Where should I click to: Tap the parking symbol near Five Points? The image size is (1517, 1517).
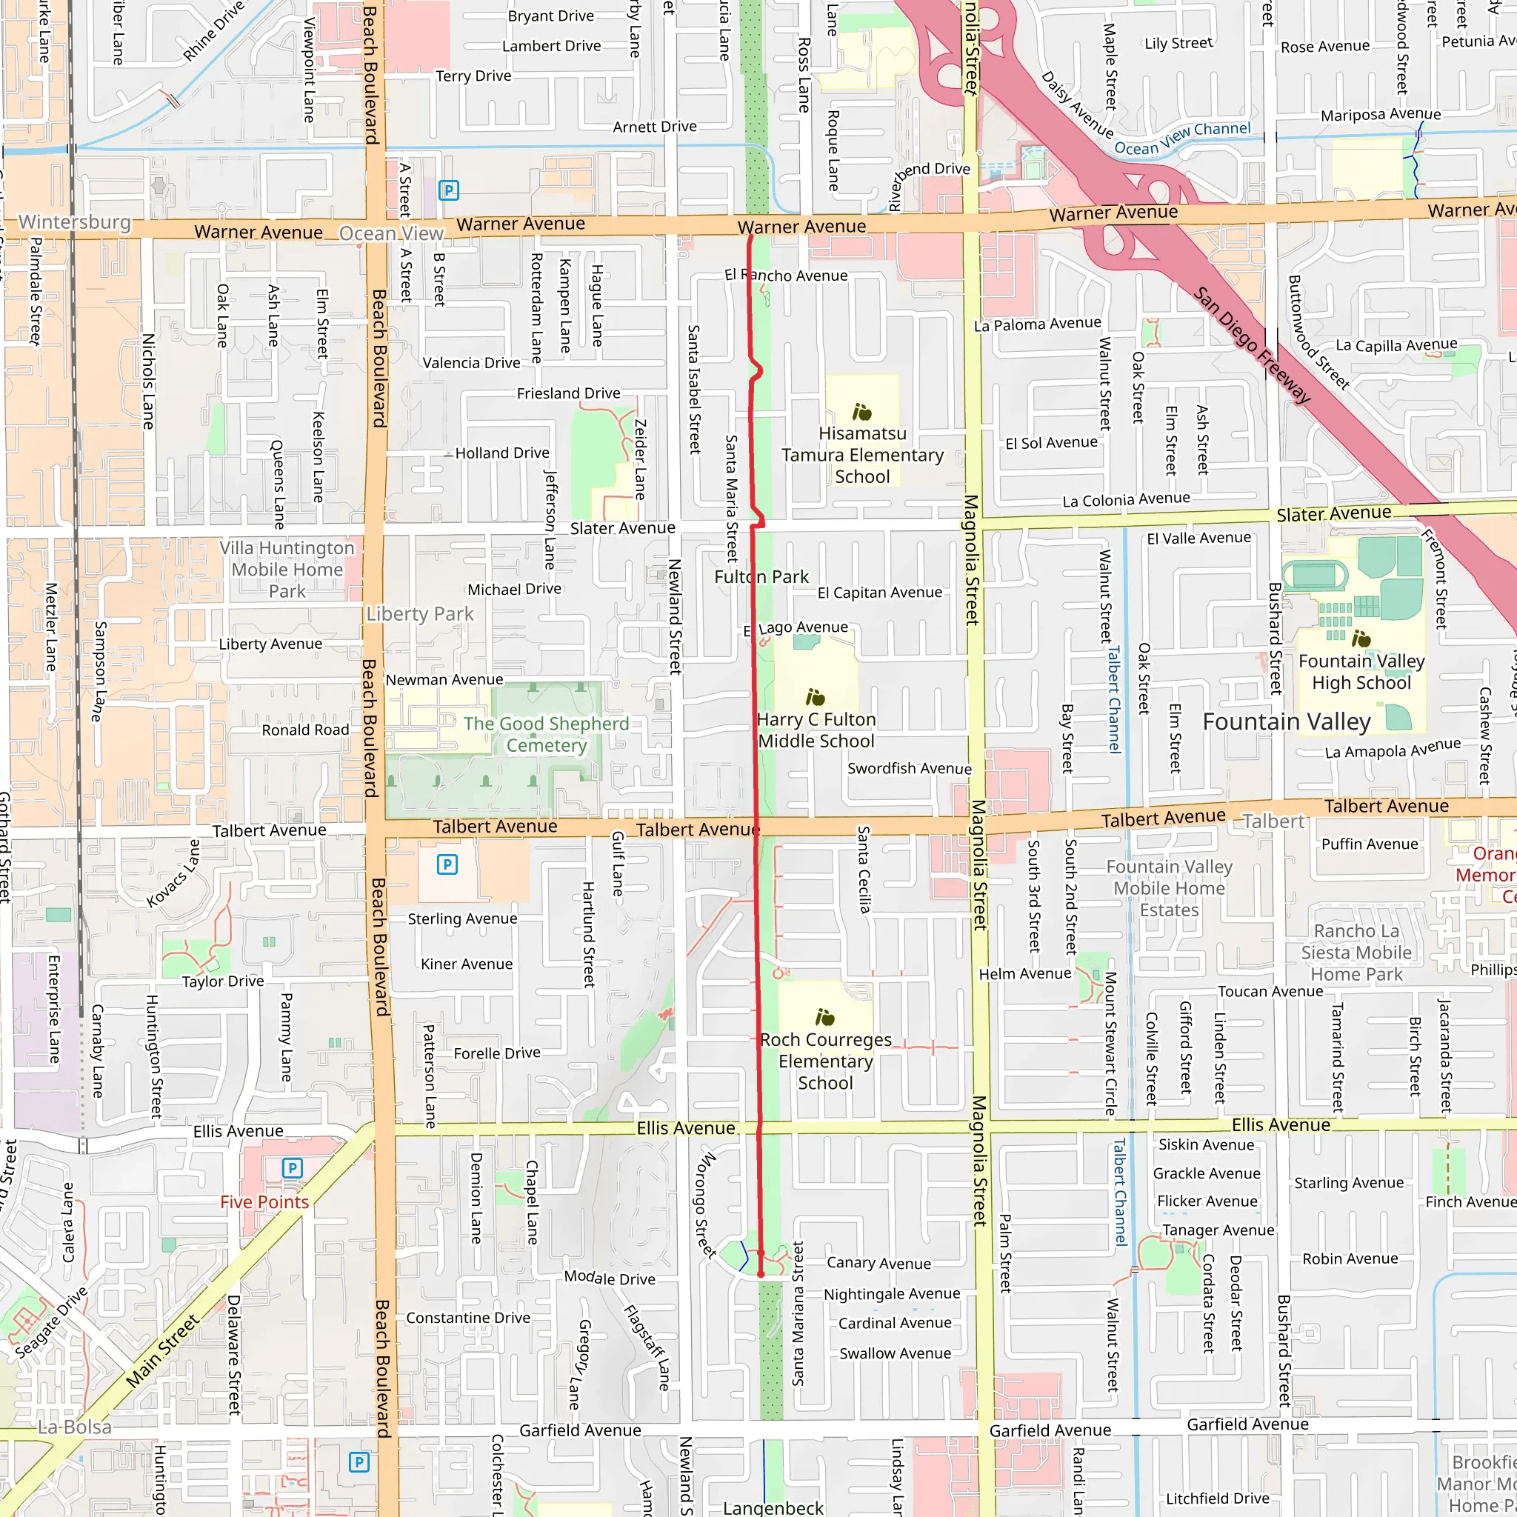click(292, 1167)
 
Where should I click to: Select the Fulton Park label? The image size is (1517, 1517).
click(761, 576)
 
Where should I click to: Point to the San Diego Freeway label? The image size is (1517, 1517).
click(1252, 346)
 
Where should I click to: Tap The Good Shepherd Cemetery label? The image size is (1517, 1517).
click(546, 734)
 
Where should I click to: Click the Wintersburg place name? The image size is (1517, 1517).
click(75, 222)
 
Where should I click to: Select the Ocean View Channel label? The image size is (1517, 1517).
click(1182, 139)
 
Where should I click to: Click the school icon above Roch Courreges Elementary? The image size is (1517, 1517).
click(824, 1018)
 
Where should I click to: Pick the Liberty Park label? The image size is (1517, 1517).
click(420, 614)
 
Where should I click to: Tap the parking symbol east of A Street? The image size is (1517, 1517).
click(448, 190)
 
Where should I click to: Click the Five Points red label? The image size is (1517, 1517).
click(264, 1202)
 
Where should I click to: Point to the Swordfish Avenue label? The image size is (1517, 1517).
click(908, 768)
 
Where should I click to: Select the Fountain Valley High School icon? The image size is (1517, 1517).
click(1361, 639)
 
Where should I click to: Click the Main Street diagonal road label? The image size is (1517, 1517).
click(162, 1351)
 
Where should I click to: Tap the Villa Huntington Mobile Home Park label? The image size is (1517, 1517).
click(287, 570)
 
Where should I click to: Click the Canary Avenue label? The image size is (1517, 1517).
click(878, 1264)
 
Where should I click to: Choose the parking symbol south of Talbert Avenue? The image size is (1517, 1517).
click(447, 864)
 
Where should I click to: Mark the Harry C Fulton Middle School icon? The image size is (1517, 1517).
click(815, 697)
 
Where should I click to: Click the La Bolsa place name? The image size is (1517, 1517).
click(75, 1427)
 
